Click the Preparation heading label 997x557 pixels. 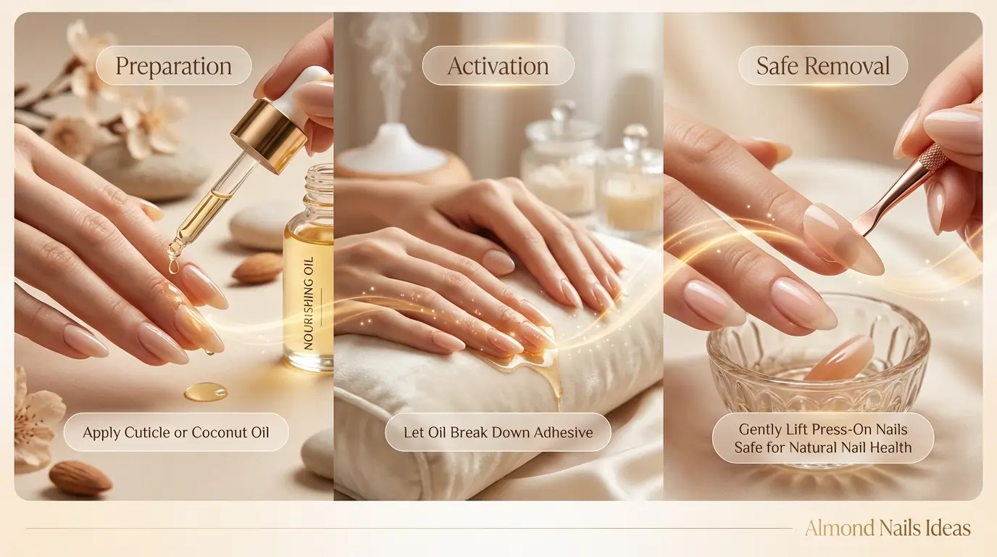click(173, 67)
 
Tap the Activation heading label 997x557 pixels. click(498, 67)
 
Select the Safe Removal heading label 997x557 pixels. click(822, 67)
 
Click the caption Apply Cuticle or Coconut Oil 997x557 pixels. click(175, 433)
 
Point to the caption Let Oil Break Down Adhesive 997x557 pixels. click(498, 433)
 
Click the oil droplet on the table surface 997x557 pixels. click(205, 392)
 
